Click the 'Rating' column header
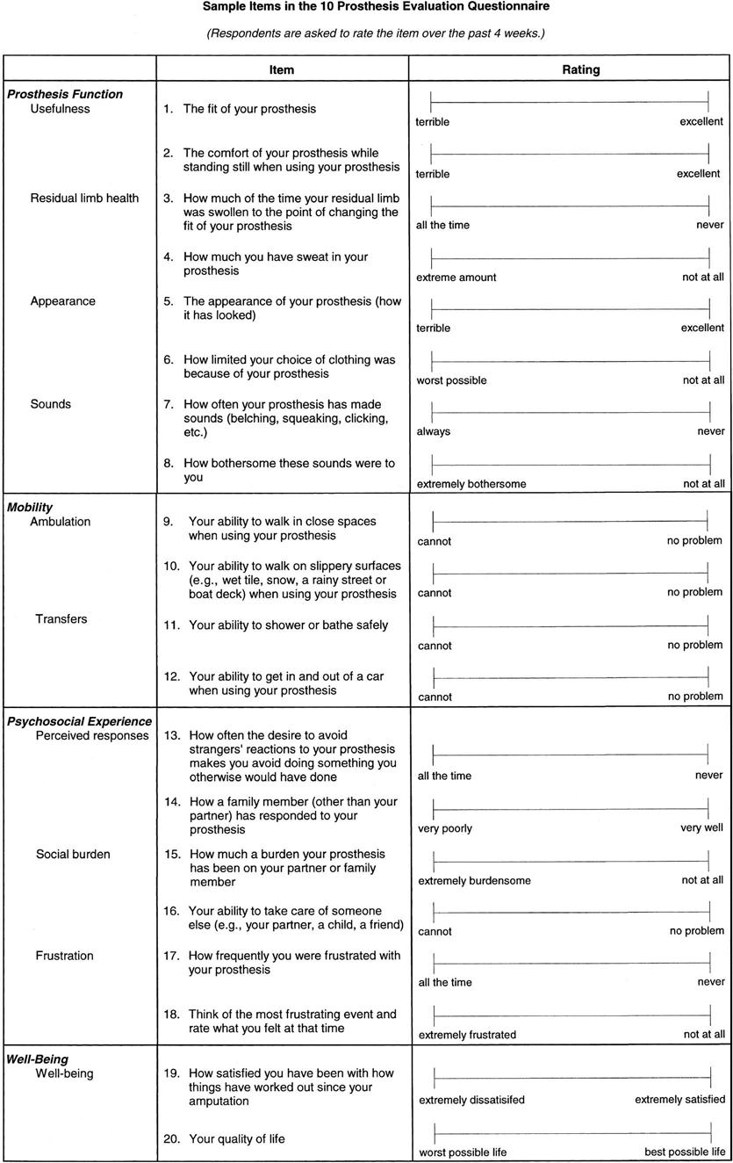(x=581, y=69)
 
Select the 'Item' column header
(x=282, y=69)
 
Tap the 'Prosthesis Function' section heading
(x=65, y=94)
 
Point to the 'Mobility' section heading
(x=30, y=507)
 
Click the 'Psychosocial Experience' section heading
(x=80, y=721)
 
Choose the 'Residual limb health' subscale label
(x=84, y=198)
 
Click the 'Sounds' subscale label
(x=51, y=404)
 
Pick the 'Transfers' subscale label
(x=61, y=618)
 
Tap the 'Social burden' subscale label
(x=73, y=854)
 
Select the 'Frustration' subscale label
(x=64, y=955)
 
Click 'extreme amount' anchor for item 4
(x=456, y=277)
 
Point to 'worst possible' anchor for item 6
(x=451, y=380)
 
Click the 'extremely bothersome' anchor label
(x=471, y=483)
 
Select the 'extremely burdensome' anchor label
(x=474, y=880)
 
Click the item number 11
(x=172, y=625)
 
